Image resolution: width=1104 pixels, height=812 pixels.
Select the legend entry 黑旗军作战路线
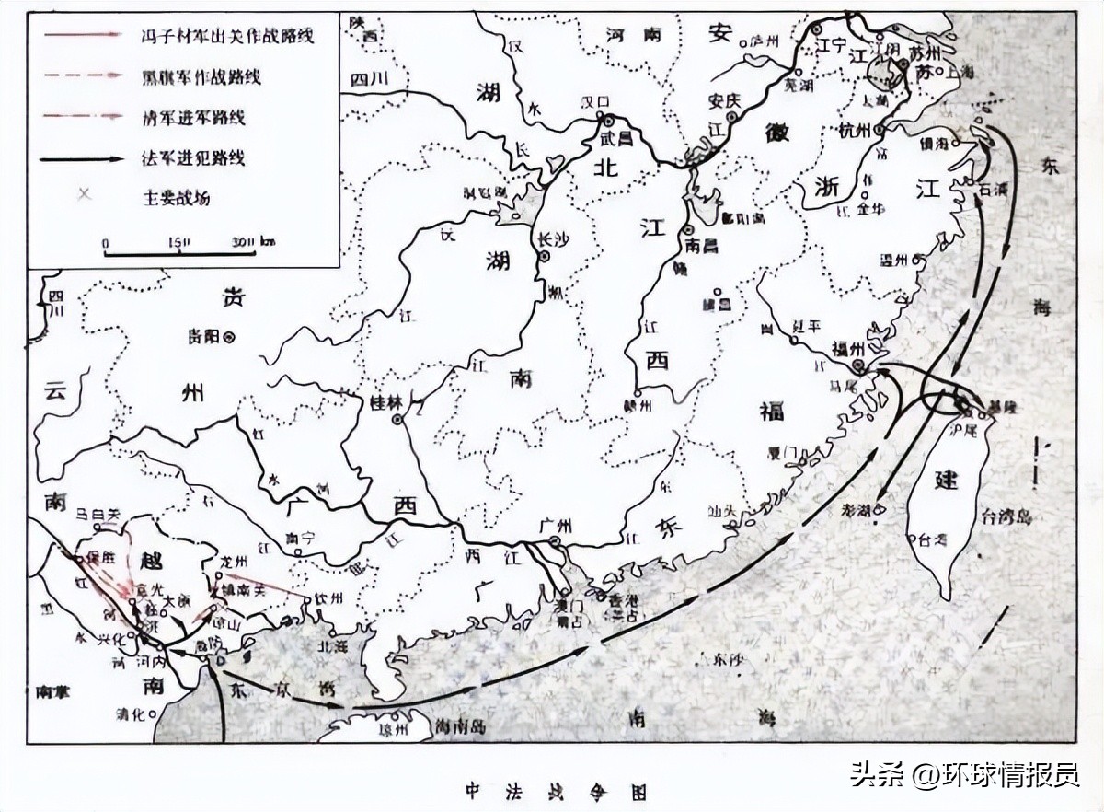[x=217, y=76]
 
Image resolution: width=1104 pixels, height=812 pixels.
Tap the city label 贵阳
[x=203, y=337]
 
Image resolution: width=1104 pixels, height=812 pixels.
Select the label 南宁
[x=301, y=538]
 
